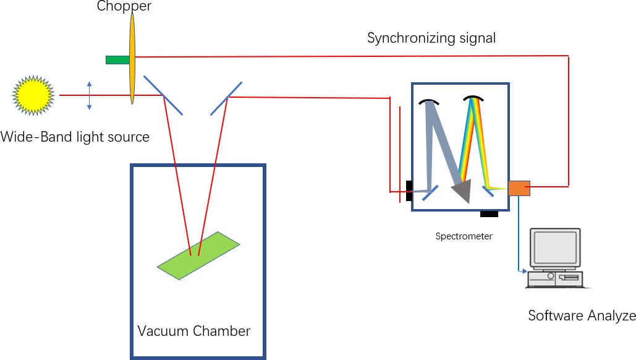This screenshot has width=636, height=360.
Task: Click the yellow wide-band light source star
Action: pyautogui.click(x=33, y=95)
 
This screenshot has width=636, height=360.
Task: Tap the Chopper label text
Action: pyautogui.click(x=124, y=7)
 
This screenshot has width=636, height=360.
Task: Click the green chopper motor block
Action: pyautogui.click(x=117, y=59)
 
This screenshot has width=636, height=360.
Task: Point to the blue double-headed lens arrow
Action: pyautogui.click(x=90, y=96)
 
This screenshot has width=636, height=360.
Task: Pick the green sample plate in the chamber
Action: pyautogui.click(x=198, y=255)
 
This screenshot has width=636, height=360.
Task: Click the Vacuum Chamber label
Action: pyautogui.click(x=193, y=331)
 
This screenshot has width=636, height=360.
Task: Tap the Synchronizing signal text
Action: pyautogui.click(x=431, y=38)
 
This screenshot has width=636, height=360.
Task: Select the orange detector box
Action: pyautogui.click(x=519, y=187)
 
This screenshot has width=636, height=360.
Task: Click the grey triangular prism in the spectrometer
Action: pyautogui.click(x=463, y=191)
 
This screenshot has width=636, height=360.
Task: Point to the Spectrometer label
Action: pyautogui.click(x=464, y=236)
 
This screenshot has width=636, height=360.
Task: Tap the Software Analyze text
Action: pyautogui.click(x=581, y=316)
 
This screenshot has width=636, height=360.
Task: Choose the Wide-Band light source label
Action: pyautogui.click(x=75, y=137)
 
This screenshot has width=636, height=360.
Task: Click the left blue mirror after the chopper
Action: pyautogui.click(x=163, y=95)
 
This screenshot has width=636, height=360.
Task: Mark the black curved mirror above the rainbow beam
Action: pyautogui.click(x=473, y=99)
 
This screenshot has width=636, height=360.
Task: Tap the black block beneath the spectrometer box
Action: pyautogui.click(x=489, y=214)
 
